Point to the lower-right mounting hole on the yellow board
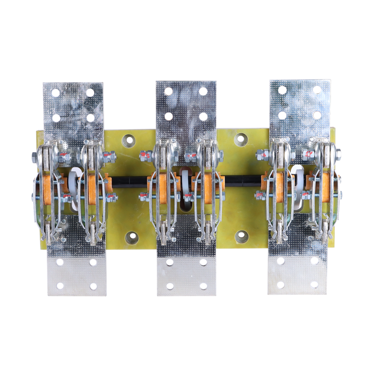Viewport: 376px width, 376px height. tap(242, 236)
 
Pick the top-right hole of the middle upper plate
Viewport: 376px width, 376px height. tap(203, 91)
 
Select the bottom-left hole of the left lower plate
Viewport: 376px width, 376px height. tap(60, 286)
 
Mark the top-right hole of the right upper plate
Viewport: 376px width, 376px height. tap(317, 90)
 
